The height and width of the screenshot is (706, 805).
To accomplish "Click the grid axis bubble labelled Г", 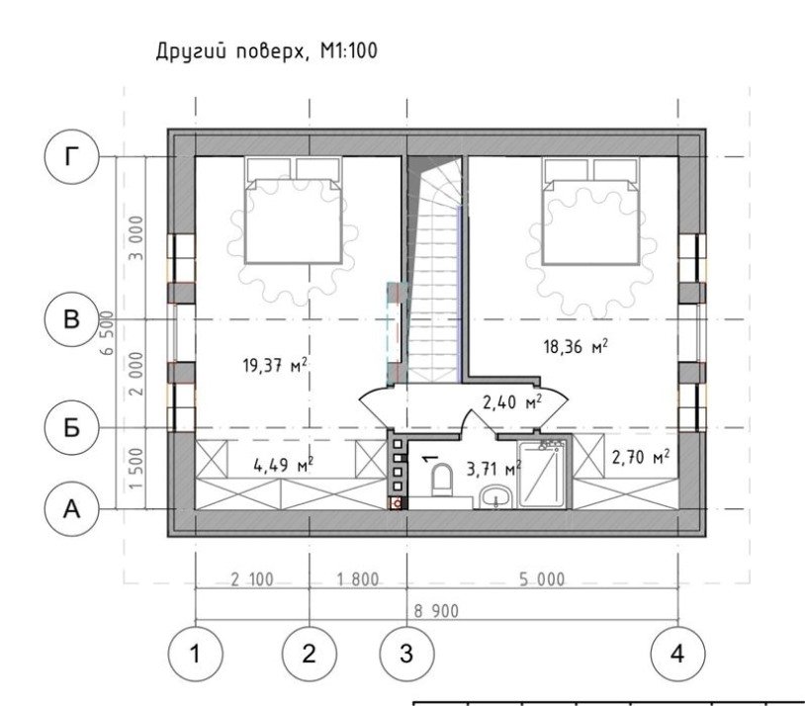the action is coord(71,156).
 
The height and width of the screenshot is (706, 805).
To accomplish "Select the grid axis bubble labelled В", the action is coord(71,318).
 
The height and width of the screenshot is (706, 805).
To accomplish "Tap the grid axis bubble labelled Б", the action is coord(71,427).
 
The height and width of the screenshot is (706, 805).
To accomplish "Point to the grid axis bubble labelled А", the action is coord(71,509).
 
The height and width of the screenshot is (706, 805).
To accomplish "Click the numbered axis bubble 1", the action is coord(195,655).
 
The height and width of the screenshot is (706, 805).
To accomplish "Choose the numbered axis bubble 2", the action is coord(310,655).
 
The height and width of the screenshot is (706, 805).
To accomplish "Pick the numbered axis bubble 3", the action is coord(406,655).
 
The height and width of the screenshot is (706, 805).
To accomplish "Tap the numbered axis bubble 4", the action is coord(677,655).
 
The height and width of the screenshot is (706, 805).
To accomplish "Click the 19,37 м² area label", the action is coord(275,365).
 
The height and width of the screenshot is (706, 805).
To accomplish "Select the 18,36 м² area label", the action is coord(576,347).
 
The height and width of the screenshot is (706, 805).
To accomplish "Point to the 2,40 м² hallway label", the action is coord(512,401).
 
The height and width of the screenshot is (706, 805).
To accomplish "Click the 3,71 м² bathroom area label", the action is coord(493,469).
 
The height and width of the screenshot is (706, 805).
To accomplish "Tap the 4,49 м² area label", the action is coord(284,465).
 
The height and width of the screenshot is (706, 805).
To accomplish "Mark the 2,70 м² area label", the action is coord(641,457).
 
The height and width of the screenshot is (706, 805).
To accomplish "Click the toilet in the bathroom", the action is coord(441,480).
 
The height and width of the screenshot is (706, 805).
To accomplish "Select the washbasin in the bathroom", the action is coord(495,497).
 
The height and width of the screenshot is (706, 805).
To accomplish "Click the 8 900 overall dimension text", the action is coord(436,611).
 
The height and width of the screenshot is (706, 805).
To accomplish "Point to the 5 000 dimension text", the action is coord(542,579).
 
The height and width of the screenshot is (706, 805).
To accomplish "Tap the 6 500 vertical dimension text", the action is coord(107,332).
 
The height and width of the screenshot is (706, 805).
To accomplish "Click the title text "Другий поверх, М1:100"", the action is coord(266,51).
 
